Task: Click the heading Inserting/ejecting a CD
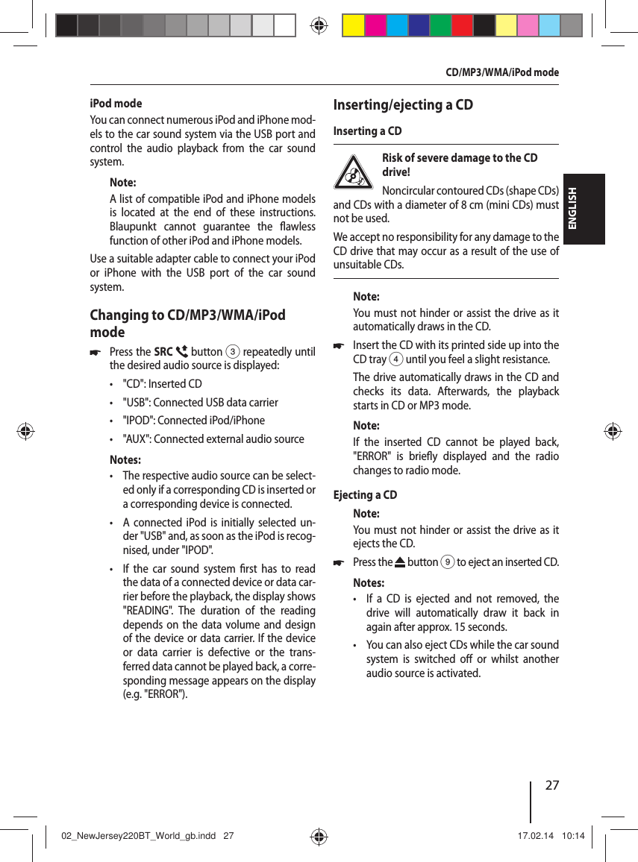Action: point(402,104)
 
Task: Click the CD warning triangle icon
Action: point(353,173)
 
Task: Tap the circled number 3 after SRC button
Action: point(233,352)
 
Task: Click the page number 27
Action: point(552,785)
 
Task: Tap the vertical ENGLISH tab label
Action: point(574,210)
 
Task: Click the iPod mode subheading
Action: point(116,104)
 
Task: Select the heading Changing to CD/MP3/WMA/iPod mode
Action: point(187,323)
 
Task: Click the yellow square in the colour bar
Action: point(353,26)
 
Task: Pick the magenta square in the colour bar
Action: point(375,26)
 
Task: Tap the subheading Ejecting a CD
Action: point(365,495)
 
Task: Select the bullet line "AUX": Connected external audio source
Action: point(213,438)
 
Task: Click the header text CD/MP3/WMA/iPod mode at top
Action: point(501,72)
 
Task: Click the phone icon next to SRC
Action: point(181,352)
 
